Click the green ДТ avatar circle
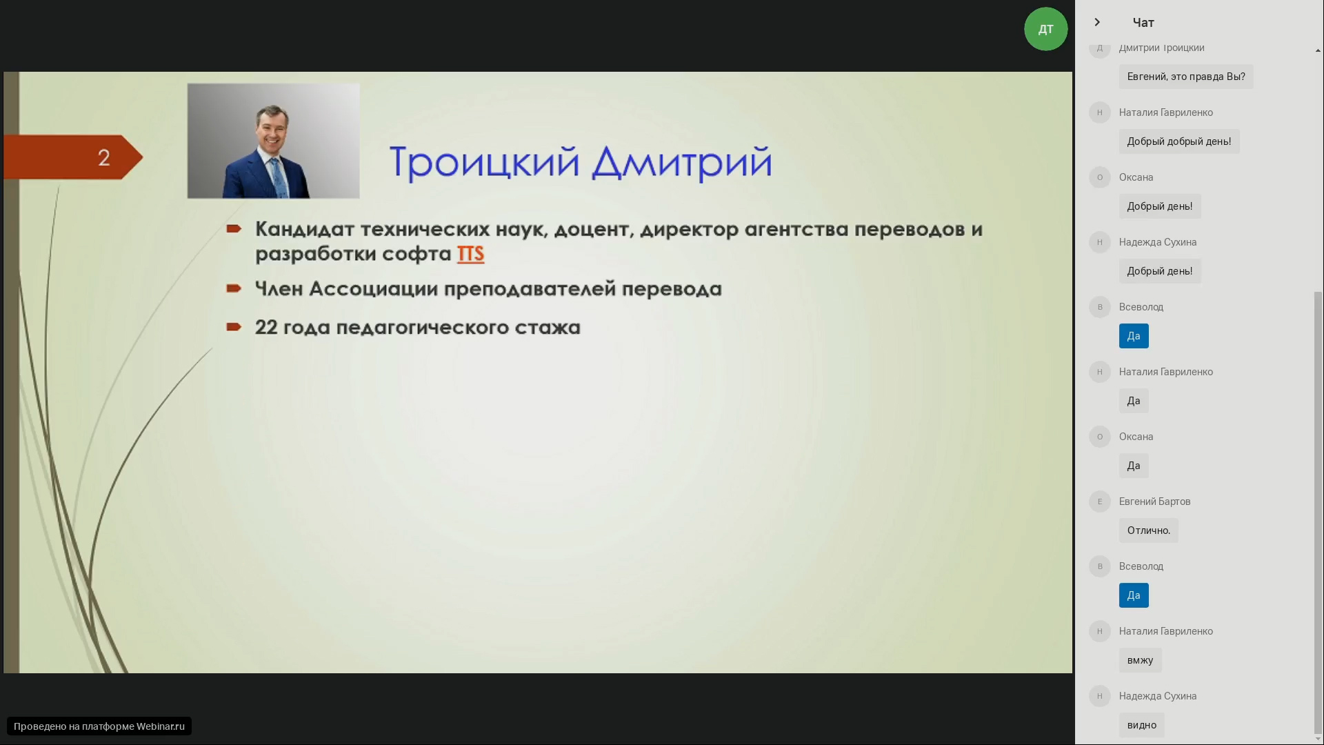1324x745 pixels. (1045, 29)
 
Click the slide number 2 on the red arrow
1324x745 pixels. (104, 158)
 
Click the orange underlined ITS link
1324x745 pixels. (470, 254)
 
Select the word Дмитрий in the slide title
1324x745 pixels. (682, 163)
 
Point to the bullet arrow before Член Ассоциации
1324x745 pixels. (234, 288)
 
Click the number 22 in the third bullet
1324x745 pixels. (266, 327)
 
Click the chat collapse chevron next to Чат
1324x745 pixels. (1097, 22)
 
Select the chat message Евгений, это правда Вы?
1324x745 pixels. (1186, 77)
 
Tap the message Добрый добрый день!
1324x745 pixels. (1179, 141)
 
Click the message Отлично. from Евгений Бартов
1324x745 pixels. (1149, 530)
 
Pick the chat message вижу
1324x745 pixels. (1140, 660)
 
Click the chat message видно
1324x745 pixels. (1142, 725)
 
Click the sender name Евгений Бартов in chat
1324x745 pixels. (1154, 501)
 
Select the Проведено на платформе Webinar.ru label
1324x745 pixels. (99, 726)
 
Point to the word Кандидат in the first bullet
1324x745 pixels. (305, 229)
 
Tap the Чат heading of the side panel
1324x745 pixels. (1143, 23)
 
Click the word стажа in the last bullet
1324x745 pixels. (548, 327)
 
